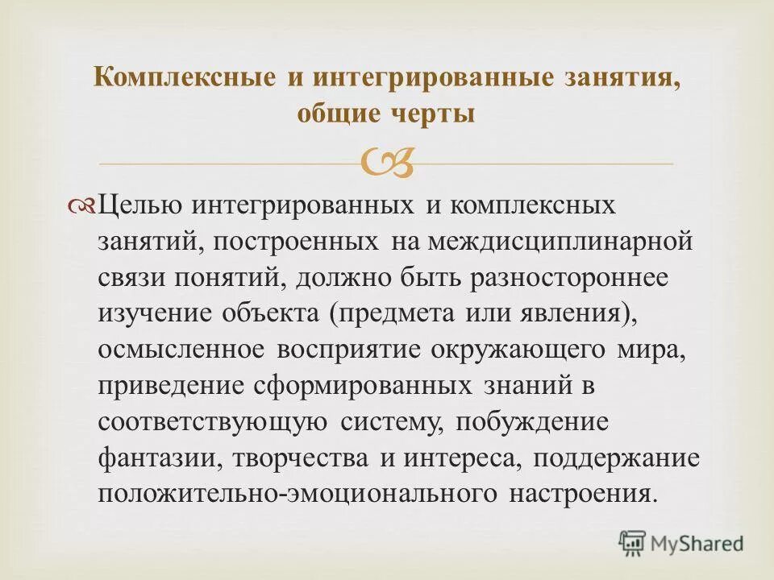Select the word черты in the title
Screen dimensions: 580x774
[439, 114]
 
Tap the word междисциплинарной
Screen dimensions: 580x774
[560, 241]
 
